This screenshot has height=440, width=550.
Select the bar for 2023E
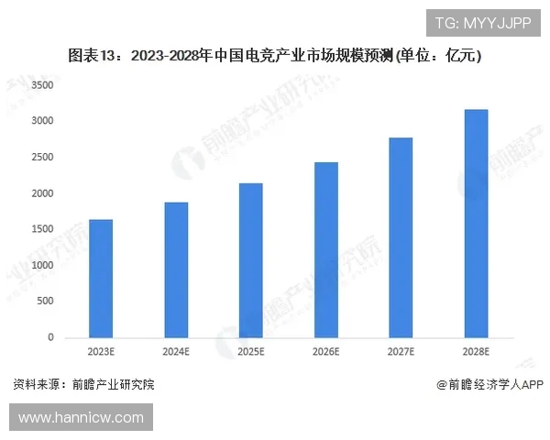click(101, 279)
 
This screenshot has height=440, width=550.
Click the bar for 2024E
click(176, 270)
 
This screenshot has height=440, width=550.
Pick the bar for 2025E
click(251, 260)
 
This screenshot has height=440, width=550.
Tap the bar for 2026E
click(326, 250)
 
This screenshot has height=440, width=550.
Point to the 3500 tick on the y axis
click(43, 85)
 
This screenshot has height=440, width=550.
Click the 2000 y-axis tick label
click(43, 193)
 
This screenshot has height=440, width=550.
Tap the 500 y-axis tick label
click(46, 302)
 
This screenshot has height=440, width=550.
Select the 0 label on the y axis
click(51, 337)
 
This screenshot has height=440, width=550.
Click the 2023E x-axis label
click(101, 352)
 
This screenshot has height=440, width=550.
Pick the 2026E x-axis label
click(326, 352)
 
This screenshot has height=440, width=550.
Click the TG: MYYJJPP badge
click(482, 23)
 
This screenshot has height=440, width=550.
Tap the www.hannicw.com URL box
click(82, 417)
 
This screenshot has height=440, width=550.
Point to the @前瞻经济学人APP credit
click(490, 385)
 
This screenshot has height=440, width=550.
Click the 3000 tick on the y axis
click(43, 121)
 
